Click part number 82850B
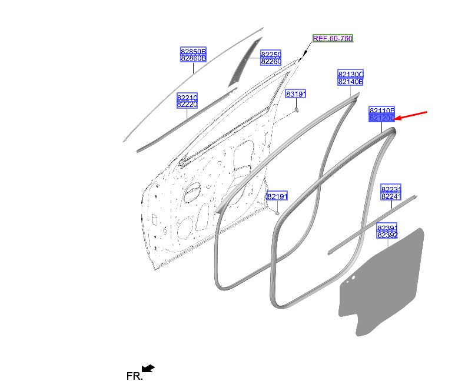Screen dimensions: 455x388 pos(193,52)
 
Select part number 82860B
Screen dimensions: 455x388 pos(193,58)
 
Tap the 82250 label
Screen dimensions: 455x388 pos(271,55)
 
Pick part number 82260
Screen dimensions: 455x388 pos(271,61)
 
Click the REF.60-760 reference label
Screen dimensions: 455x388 pos(333,38)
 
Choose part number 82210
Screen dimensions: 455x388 pos(187,98)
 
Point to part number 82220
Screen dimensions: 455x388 pos(187,104)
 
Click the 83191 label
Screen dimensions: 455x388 pos(295,94)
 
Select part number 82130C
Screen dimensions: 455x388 pos(351,75)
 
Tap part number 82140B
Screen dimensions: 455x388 pos(351,82)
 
